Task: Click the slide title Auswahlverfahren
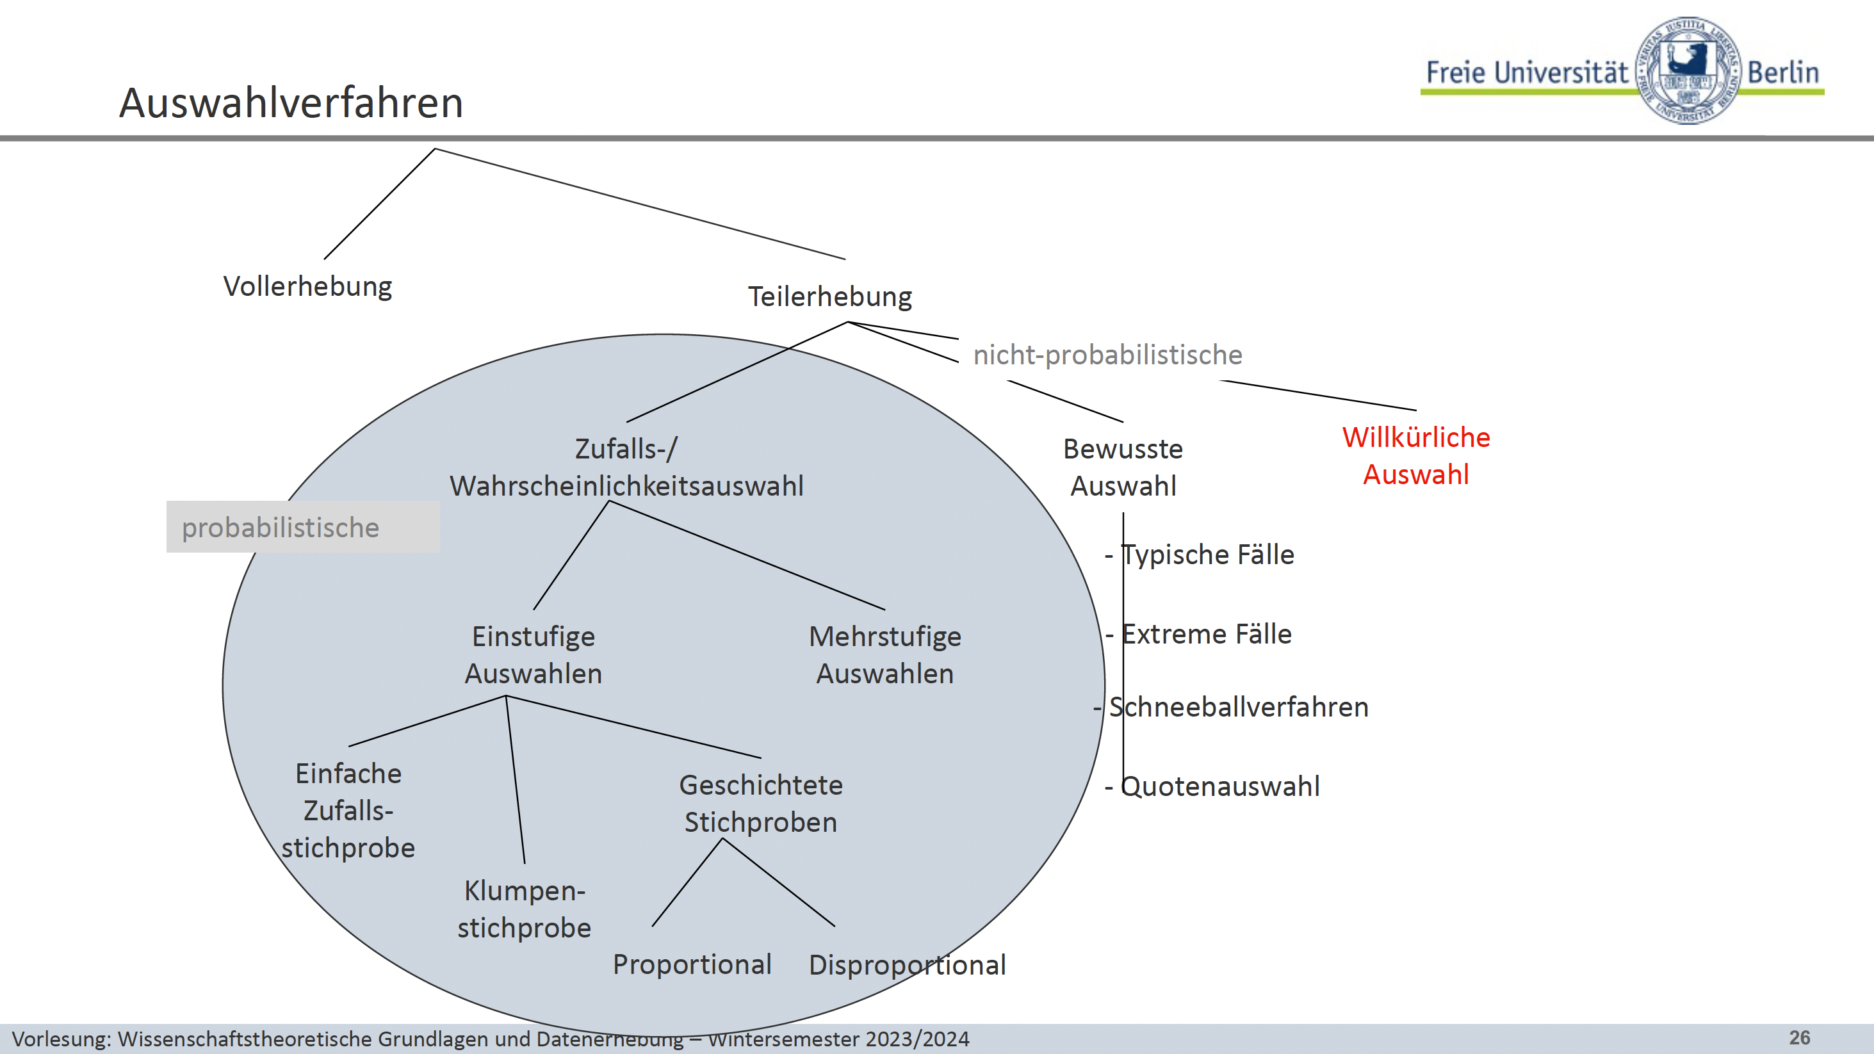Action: pos(291,102)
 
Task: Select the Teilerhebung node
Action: pos(830,296)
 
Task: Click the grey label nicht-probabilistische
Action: pos(1107,355)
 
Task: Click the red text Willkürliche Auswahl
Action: pos(1415,456)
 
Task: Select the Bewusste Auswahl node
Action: pos(1123,467)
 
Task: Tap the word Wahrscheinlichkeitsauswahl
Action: pos(626,487)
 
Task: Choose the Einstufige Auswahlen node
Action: pos(534,654)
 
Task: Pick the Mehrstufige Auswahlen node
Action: pos(884,654)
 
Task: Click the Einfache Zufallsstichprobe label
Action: pos(348,810)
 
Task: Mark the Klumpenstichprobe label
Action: pos(524,909)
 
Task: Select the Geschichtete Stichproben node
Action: pos(760,804)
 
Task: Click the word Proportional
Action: pos(692,964)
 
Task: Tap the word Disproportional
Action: pos(907,965)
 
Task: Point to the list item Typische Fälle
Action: pos(1208,555)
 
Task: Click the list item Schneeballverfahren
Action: pos(1238,707)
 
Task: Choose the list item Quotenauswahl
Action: pos(1220,786)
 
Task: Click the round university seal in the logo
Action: pos(1687,70)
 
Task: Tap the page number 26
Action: pos(1799,1038)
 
